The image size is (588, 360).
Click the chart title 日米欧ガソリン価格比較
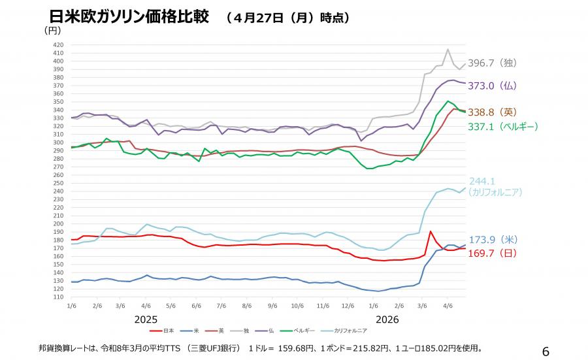coord(129,17)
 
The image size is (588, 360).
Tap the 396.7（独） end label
coord(493,63)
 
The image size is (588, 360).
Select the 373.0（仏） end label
coord(493,86)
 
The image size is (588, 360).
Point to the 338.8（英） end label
coord(493,112)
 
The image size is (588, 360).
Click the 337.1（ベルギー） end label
coord(503,127)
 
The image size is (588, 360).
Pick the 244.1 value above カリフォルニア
coord(482,182)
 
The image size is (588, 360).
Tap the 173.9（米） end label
coord(493,240)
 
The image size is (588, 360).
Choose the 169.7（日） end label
coord(493,254)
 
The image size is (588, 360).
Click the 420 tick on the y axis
coord(58,44)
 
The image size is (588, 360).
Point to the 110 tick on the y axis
coord(58,297)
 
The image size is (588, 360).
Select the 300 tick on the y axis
coord(58,142)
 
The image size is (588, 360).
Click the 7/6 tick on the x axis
coord(221,306)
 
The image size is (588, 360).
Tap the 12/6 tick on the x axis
coord(348,306)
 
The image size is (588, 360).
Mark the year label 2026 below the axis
coord(387,319)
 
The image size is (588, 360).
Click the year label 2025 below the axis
coord(146,319)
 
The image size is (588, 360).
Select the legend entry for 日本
coord(161,331)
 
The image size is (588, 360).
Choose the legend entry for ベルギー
coord(297,331)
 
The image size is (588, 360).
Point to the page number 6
coord(546,352)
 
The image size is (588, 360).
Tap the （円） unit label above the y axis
coord(52,30)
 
